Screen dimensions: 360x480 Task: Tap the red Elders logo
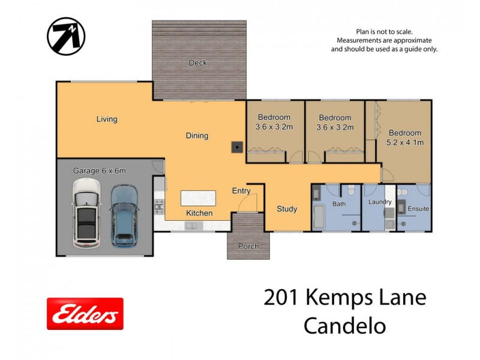pos(85,314)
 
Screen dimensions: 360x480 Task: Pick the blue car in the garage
pos(124,214)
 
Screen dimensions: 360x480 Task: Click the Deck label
pos(197,63)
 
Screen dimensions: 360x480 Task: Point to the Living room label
pos(107,119)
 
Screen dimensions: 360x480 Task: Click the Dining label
pos(197,136)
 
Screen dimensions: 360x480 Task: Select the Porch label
pos(248,246)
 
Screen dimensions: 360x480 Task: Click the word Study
pos(287,209)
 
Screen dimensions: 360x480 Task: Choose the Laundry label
pos(380,202)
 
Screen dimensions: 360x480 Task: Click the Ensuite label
pos(418,209)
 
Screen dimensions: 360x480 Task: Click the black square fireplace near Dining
pos(238,146)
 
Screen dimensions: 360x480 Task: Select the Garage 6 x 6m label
pos(100,171)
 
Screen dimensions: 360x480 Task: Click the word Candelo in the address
pos(344,326)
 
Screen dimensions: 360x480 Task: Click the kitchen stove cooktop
pos(160,207)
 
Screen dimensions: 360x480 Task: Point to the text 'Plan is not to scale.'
pos(384,31)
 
